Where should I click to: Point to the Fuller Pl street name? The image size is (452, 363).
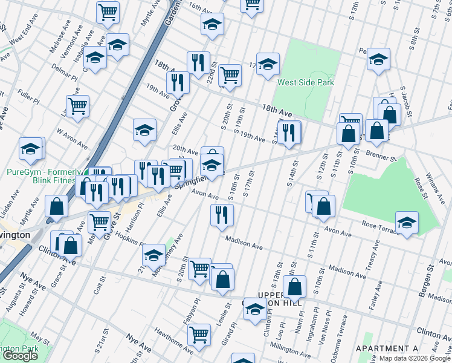pos(28,95)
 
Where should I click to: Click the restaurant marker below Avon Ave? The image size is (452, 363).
pos(222,214)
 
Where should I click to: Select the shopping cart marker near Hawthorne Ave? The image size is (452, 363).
pos(198,333)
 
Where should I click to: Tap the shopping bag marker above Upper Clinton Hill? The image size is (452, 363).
pos(294,286)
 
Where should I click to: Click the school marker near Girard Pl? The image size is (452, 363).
pos(255,309)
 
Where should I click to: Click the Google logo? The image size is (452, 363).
pos(20,356)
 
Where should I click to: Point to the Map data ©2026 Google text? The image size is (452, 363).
pos(414,358)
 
